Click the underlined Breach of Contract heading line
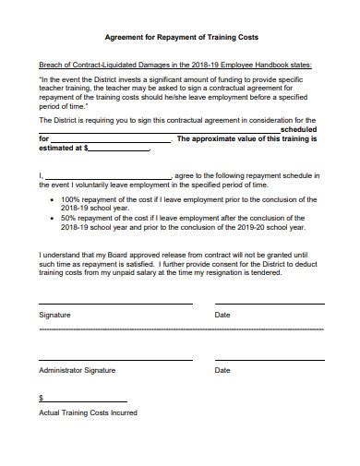coord(175,66)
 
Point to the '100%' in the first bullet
coord(70,200)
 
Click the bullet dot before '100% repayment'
coord(52,200)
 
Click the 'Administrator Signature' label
coord(77,370)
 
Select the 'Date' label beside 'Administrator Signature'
coord(222,370)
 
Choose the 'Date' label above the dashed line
coord(222,315)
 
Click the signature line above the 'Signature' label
coord(115,303)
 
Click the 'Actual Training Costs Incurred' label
coord(88,412)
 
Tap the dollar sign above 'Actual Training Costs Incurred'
coord(41,398)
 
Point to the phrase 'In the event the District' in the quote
coord(85,80)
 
